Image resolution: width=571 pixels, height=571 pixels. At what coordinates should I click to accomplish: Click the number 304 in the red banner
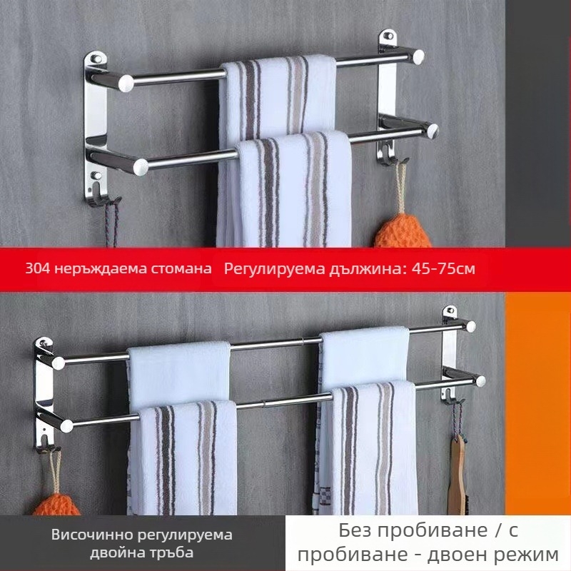tap(36, 269)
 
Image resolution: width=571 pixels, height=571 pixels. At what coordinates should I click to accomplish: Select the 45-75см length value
tap(441, 269)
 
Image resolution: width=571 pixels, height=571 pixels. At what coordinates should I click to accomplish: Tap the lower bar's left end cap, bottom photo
tap(66, 425)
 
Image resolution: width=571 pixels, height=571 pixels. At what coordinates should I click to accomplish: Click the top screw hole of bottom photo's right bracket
tap(450, 312)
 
